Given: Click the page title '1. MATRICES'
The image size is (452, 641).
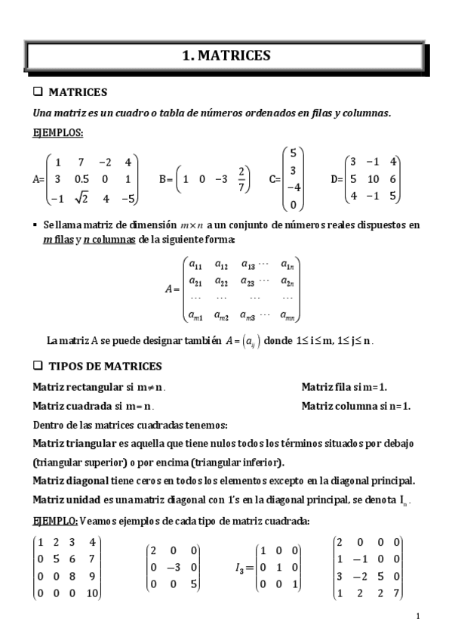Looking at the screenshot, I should [226, 55].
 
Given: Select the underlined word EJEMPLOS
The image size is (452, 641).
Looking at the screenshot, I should [58, 133].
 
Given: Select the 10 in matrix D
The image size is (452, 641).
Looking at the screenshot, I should [371, 180].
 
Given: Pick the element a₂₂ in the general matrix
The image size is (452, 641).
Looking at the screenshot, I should [221, 282].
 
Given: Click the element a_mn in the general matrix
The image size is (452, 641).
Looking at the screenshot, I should [287, 316].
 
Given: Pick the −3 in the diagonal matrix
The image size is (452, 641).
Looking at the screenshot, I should [174, 567].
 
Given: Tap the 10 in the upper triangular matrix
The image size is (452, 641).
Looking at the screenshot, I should [92, 592].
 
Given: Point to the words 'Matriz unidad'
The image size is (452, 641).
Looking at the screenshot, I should [65, 500].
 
